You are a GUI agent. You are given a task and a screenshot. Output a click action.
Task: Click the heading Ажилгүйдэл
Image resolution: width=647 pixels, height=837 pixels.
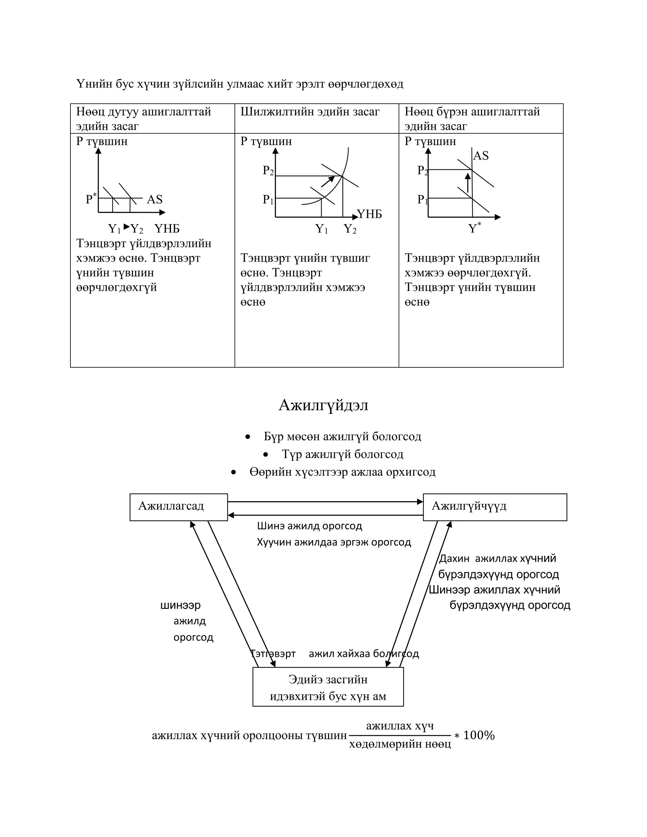point(323,406)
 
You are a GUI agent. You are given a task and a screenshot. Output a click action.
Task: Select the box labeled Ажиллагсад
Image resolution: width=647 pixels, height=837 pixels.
point(178,507)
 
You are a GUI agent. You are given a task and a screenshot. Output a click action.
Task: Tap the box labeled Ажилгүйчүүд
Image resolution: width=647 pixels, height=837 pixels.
point(494,507)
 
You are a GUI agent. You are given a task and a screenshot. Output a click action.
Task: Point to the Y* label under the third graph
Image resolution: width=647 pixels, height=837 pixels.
point(475,228)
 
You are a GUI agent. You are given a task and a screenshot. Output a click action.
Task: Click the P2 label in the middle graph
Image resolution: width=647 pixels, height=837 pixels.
point(268,171)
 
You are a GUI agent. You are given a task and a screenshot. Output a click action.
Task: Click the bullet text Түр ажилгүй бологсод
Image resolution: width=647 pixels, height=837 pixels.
point(342,454)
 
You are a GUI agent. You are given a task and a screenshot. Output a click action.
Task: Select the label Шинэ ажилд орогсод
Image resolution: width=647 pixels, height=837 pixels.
point(309,526)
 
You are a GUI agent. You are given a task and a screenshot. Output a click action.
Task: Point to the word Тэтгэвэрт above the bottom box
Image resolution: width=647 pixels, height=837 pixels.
point(273,653)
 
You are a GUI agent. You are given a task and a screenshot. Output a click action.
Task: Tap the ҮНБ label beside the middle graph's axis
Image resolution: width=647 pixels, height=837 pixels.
point(370,214)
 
